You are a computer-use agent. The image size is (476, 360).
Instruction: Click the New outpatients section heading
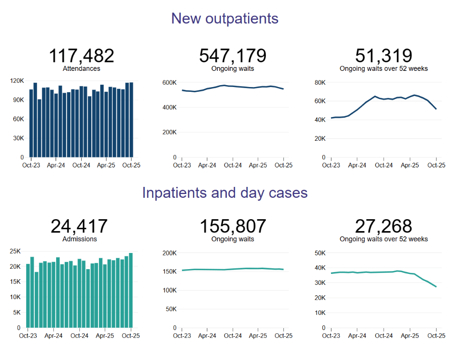(224, 19)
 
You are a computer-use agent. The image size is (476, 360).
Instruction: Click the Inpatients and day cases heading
(224, 193)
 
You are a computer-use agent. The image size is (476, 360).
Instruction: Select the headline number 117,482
(81, 56)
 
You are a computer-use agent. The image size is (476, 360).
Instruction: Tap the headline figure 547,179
(233, 56)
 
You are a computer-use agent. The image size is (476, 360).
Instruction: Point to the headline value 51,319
(383, 56)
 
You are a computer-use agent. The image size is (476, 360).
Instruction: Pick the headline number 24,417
(79, 226)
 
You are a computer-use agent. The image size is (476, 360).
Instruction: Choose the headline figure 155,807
(233, 226)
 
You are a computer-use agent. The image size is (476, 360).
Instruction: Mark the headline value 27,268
(383, 226)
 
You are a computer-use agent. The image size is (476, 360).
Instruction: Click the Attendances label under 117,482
(81, 68)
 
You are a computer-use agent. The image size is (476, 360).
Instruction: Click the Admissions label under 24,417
(79, 239)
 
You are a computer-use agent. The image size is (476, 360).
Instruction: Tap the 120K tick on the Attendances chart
(17, 81)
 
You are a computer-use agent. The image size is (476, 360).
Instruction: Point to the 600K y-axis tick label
(169, 83)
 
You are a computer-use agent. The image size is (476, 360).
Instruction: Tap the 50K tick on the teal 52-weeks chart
(320, 253)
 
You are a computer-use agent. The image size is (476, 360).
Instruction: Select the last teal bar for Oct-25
(131, 290)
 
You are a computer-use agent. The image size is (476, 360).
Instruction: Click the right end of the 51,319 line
(436, 109)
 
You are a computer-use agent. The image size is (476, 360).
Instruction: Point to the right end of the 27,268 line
(436, 287)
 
